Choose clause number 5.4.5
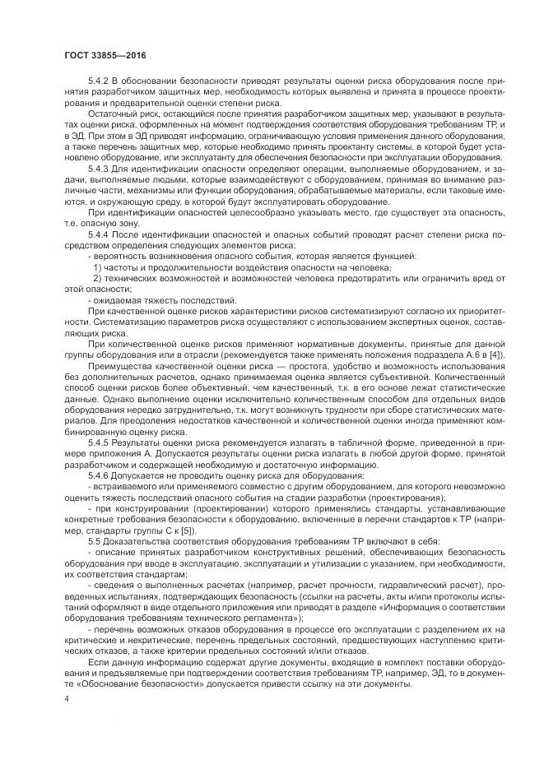100,442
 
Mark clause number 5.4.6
100,475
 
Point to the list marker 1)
98,268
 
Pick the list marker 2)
98,279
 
